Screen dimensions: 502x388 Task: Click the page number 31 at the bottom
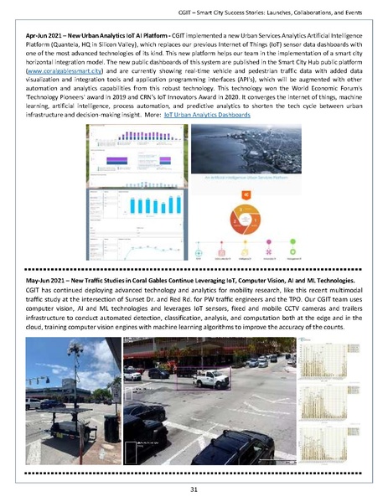(x=194, y=489)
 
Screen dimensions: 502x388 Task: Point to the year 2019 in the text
(x=151, y=104)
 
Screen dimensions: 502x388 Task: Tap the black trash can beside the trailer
(x=111, y=427)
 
